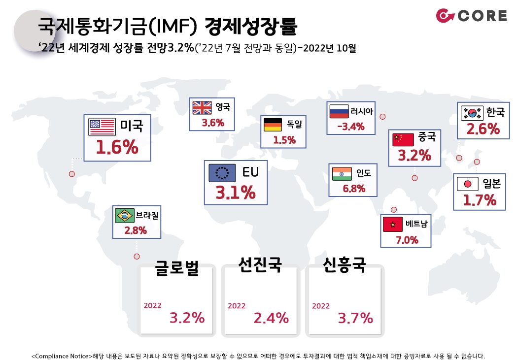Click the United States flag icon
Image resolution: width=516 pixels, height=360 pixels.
click(x=102, y=127)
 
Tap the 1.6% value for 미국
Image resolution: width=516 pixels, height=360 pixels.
click(x=117, y=147)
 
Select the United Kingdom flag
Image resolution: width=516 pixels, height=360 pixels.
click(x=202, y=107)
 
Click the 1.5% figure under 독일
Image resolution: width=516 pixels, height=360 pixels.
click(x=284, y=140)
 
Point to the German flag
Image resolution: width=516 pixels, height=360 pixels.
click(x=273, y=125)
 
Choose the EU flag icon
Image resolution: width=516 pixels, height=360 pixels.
click(x=222, y=172)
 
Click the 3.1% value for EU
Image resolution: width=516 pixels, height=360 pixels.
click(x=236, y=193)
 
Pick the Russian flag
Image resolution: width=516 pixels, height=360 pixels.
click(x=339, y=111)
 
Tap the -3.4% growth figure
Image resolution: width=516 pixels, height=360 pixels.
click(x=351, y=126)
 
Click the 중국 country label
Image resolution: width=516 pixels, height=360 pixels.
click(x=427, y=136)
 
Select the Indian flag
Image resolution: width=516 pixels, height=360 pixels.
click(x=342, y=174)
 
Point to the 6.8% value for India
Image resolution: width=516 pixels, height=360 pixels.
click(x=354, y=189)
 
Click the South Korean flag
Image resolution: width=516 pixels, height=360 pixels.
click(x=472, y=113)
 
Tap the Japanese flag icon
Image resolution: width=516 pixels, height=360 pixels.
click(x=468, y=184)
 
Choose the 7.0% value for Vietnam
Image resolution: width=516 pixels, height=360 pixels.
click(x=407, y=240)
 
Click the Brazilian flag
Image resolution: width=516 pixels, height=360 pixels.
click(x=125, y=216)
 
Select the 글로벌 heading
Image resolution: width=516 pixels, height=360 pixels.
click(x=177, y=267)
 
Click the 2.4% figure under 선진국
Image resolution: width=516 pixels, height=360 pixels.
click(x=271, y=318)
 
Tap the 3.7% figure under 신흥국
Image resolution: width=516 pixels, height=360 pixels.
click(x=355, y=318)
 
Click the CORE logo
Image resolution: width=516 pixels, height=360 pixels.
click(x=471, y=16)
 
